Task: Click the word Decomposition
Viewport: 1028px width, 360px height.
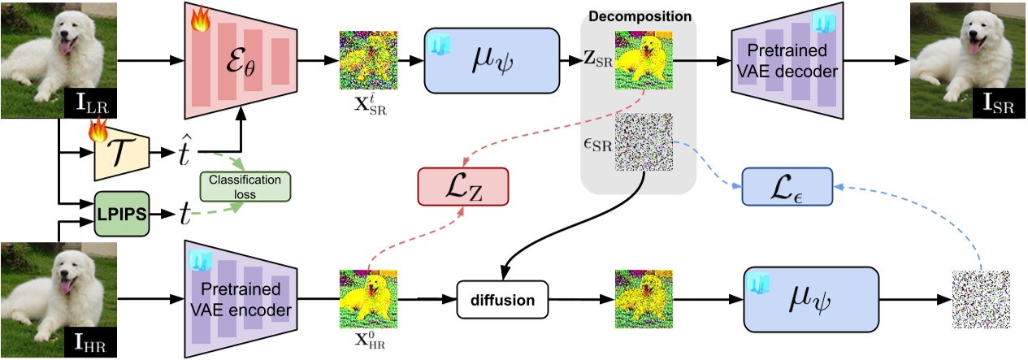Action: point(640,15)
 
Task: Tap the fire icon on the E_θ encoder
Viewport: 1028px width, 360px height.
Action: point(200,20)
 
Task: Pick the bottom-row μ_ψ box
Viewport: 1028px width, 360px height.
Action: point(812,299)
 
